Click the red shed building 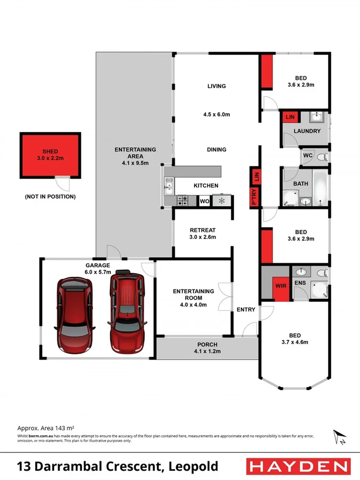click(x=50, y=155)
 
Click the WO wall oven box click(x=204, y=202)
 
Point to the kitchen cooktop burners click(x=183, y=201)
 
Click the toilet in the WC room click(x=321, y=157)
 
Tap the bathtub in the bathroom click(x=321, y=188)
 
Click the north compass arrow click(x=338, y=436)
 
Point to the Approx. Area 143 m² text click(x=45, y=428)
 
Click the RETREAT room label click(x=203, y=230)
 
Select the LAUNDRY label click(x=307, y=131)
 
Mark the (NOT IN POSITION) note click(x=50, y=197)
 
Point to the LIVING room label click(x=217, y=86)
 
